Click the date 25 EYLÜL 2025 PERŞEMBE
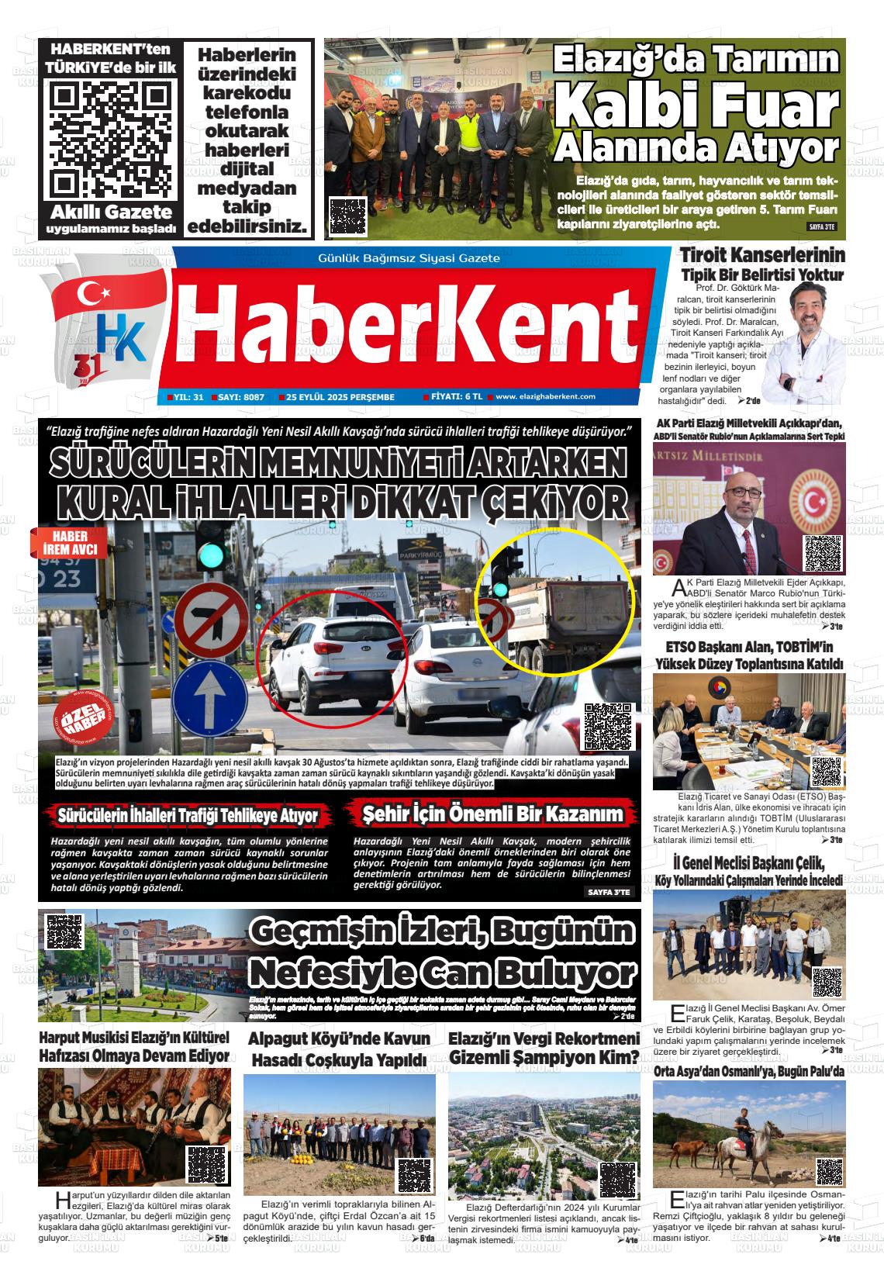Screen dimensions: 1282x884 pos(340,397)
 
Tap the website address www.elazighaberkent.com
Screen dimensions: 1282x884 pos(545,396)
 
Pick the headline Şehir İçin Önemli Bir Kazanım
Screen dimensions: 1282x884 pos(493,814)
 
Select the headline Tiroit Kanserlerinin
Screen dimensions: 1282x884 pos(761,256)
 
